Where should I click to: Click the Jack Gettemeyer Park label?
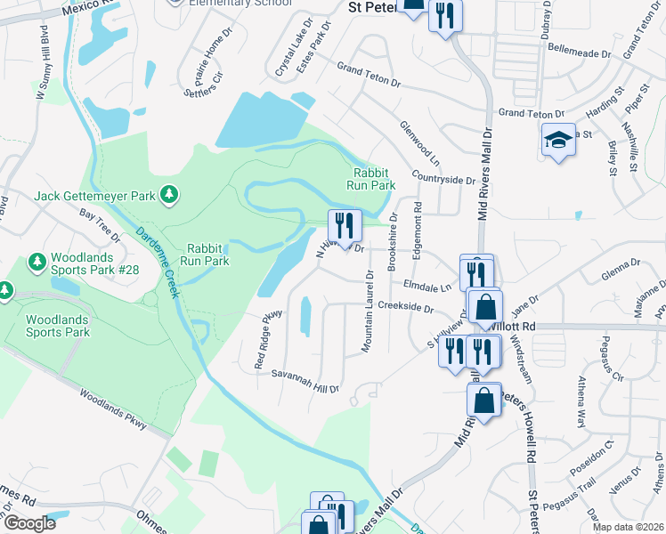click(x=94, y=194)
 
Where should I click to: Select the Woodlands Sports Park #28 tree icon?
click(x=37, y=261)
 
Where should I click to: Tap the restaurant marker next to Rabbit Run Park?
click(x=345, y=226)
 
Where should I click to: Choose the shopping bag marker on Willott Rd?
click(x=485, y=307)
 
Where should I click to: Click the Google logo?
click(x=28, y=523)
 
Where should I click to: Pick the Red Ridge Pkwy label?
click(x=269, y=339)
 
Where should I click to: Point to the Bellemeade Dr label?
click(x=581, y=53)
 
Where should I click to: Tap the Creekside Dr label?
click(x=405, y=309)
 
